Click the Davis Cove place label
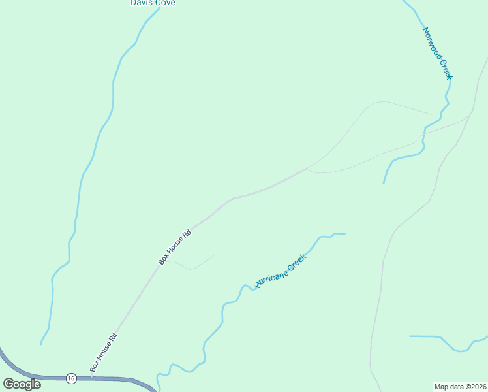pyautogui.click(x=153, y=3)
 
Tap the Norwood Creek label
pyautogui.click(x=437, y=54)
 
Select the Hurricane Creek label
pyautogui.click(x=281, y=272)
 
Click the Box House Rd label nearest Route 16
pyautogui.click(x=104, y=353)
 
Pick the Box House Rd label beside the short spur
pyautogui.click(x=175, y=246)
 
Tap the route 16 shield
pyautogui.click(x=71, y=378)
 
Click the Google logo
pyautogui.click(x=22, y=384)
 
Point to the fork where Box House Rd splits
pyautogui.click(x=308, y=168)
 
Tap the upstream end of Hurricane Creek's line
pyautogui.click(x=344, y=233)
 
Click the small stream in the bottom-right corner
pyautogui.click(x=450, y=344)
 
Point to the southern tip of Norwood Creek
pyautogui.click(x=384, y=183)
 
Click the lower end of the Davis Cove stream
pyautogui.click(x=41, y=344)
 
